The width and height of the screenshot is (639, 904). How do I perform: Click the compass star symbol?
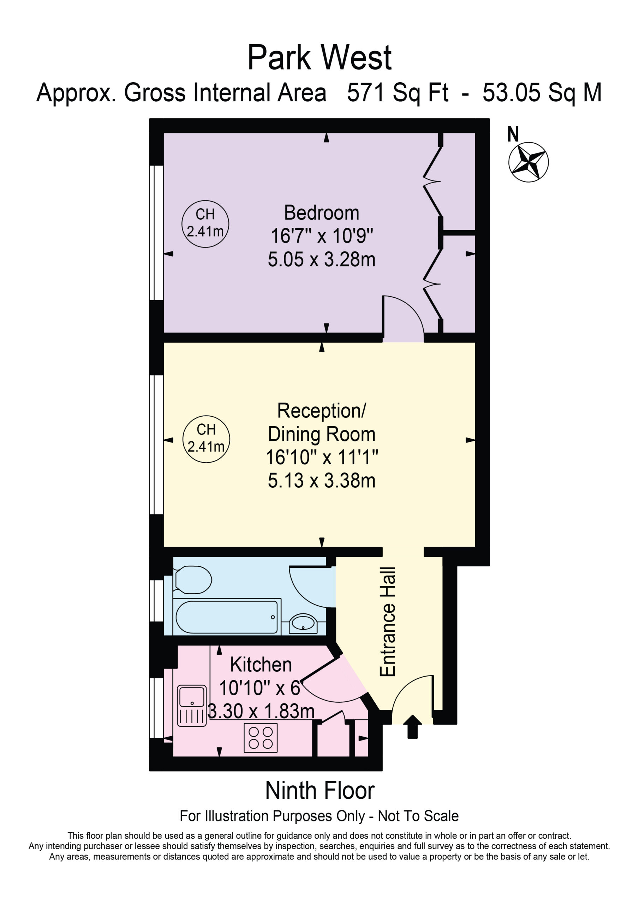click(528, 162)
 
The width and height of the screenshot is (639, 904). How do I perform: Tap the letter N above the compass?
click(513, 134)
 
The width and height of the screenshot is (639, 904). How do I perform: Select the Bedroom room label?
click(322, 213)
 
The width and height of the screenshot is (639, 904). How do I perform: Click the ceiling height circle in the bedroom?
click(205, 224)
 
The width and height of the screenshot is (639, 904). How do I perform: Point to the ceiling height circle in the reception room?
click(206, 439)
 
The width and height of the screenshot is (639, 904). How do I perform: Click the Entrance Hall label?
click(387, 622)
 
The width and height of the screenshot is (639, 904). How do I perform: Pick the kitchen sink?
click(192, 706)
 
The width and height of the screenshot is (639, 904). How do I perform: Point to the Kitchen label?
click(261, 665)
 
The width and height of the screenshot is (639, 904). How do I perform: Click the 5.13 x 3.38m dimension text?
click(322, 480)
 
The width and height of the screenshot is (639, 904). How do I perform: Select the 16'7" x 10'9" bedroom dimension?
click(322, 236)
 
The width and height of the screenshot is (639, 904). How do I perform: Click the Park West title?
click(319, 58)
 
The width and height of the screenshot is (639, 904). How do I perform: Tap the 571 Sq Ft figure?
click(398, 93)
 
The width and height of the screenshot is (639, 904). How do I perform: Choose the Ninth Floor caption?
click(320, 790)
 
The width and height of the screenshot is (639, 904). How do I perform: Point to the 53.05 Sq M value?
click(542, 93)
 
